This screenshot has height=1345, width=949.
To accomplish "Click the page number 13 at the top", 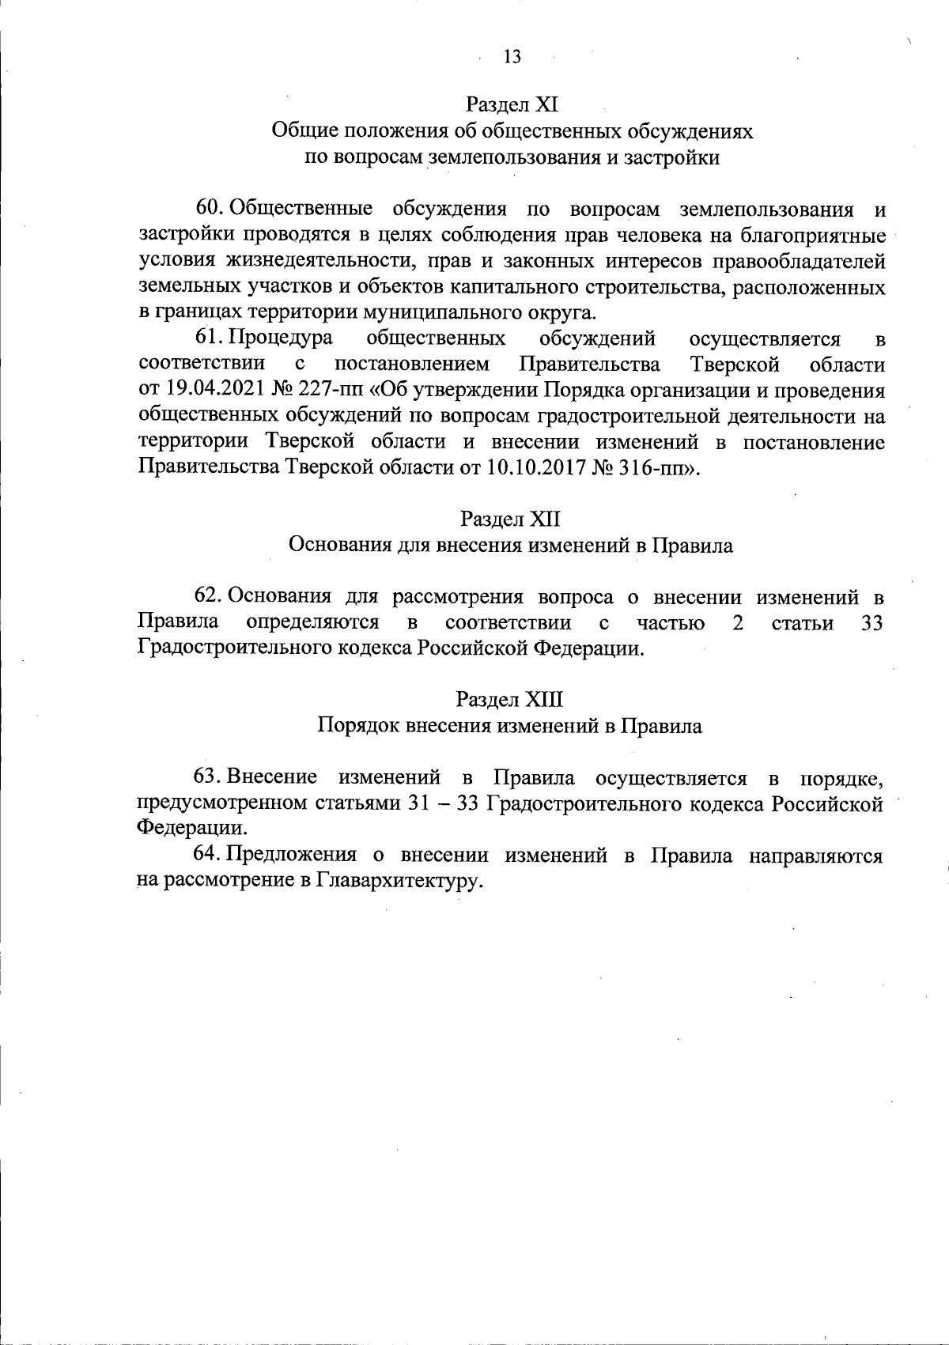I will pyautogui.click(x=512, y=57).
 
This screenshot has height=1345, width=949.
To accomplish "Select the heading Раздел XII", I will pyautogui.click(x=511, y=519).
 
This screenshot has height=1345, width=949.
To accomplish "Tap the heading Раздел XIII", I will pyautogui.click(x=510, y=700).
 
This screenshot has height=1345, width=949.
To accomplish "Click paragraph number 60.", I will pyautogui.click(x=211, y=210).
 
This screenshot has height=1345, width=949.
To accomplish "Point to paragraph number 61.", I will pyautogui.click(x=211, y=339).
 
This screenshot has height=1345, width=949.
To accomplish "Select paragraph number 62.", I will pyautogui.click(x=211, y=597).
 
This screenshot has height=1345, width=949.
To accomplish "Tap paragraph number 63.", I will pyautogui.click(x=211, y=778).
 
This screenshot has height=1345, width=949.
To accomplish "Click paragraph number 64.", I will pyautogui.click(x=211, y=856).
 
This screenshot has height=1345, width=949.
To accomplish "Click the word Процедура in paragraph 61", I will pyautogui.click(x=281, y=339).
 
